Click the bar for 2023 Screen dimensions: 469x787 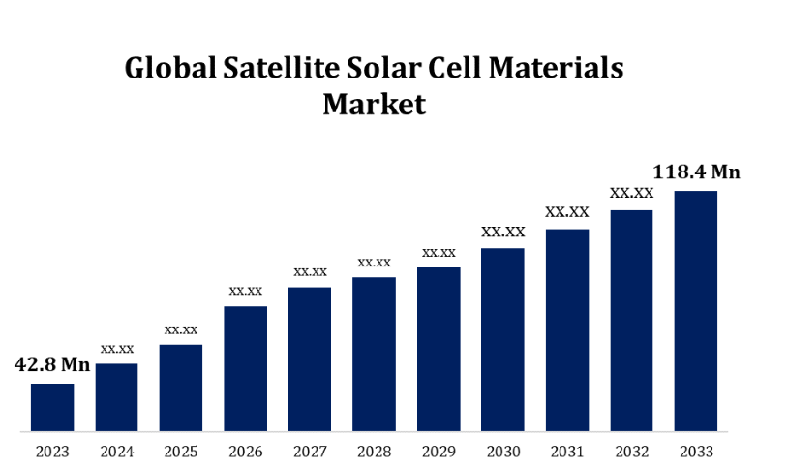click(x=52, y=407)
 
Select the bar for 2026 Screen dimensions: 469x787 click(x=246, y=368)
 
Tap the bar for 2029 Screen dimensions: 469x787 click(x=439, y=349)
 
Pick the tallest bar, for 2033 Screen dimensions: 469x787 click(x=696, y=310)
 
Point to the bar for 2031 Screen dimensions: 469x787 click(x=567, y=329)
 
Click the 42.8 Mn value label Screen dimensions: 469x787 click(x=52, y=365)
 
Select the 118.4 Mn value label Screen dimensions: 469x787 click(x=697, y=172)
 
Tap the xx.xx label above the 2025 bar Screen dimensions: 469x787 click(x=181, y=329)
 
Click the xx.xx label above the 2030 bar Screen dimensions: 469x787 click(x=503, y=232)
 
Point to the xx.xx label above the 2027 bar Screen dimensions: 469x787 click(x=310, y=271)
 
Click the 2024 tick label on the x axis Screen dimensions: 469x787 click(x=116, y=452)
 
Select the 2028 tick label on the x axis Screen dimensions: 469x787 click(x=374, y=452)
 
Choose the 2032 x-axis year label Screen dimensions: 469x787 click(x=631, y=452)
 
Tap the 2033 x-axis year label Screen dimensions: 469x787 click(x=696, y=452)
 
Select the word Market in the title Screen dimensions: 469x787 click(x=374, y=104)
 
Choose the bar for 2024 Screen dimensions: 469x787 click(x=116, y=397)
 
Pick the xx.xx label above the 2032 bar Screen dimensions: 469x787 click(x=631, y=193)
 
